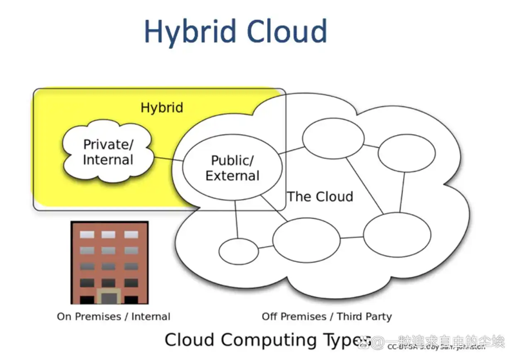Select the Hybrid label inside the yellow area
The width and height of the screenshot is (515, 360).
tap(162, 108)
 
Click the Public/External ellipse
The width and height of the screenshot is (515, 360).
tap(232, 167)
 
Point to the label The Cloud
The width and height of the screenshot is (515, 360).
tap(320, 196)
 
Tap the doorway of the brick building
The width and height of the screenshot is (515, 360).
tap(109, 297)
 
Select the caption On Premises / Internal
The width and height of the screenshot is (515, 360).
tap(113, 316)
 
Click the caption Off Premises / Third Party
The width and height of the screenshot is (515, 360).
tap(326, 316)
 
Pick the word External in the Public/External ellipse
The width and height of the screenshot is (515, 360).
tap(232, 175)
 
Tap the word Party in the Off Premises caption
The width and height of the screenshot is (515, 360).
tap(378, 316)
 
